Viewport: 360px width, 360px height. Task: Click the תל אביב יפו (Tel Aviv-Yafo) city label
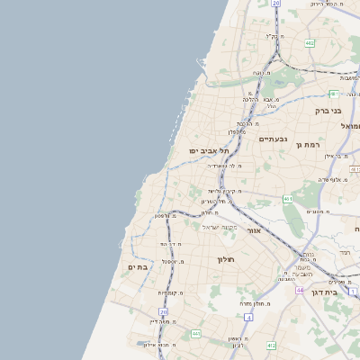pos(209,150)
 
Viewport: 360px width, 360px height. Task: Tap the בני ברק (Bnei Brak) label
pos(328,112)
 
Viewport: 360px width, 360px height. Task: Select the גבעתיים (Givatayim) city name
pos(272,139)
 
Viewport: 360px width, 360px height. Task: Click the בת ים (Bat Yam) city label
pos(138,266)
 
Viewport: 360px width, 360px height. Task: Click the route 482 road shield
pos(309,42)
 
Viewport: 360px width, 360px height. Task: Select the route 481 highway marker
pos(334,94)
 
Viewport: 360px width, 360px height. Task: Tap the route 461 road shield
pos(287,199)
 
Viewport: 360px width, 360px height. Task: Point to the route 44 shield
pos(299,290)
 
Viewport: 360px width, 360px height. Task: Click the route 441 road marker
pos(196,334)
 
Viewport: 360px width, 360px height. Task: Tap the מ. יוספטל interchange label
pos(172,261)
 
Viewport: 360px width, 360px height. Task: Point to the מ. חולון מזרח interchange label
pos(256,303)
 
